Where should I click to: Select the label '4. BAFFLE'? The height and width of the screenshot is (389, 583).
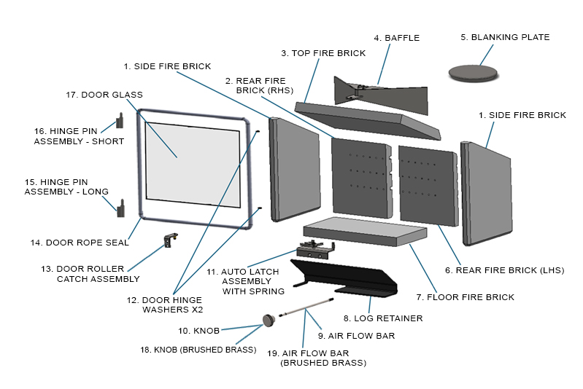pos(396,38)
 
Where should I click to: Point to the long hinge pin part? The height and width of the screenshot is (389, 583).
pos(120,209)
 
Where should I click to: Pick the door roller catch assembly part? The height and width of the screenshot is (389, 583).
pos(171,240)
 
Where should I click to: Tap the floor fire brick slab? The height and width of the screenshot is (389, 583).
pos(365,232)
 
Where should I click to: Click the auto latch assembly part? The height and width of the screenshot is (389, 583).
pos(316,250)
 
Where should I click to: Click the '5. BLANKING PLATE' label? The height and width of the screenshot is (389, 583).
pos(505,37)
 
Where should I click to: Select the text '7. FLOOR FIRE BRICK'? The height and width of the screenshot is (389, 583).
pos(465,296)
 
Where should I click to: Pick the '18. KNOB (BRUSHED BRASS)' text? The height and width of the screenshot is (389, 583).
pos(198,350)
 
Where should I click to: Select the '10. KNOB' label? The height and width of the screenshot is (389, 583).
pos(198,331)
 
